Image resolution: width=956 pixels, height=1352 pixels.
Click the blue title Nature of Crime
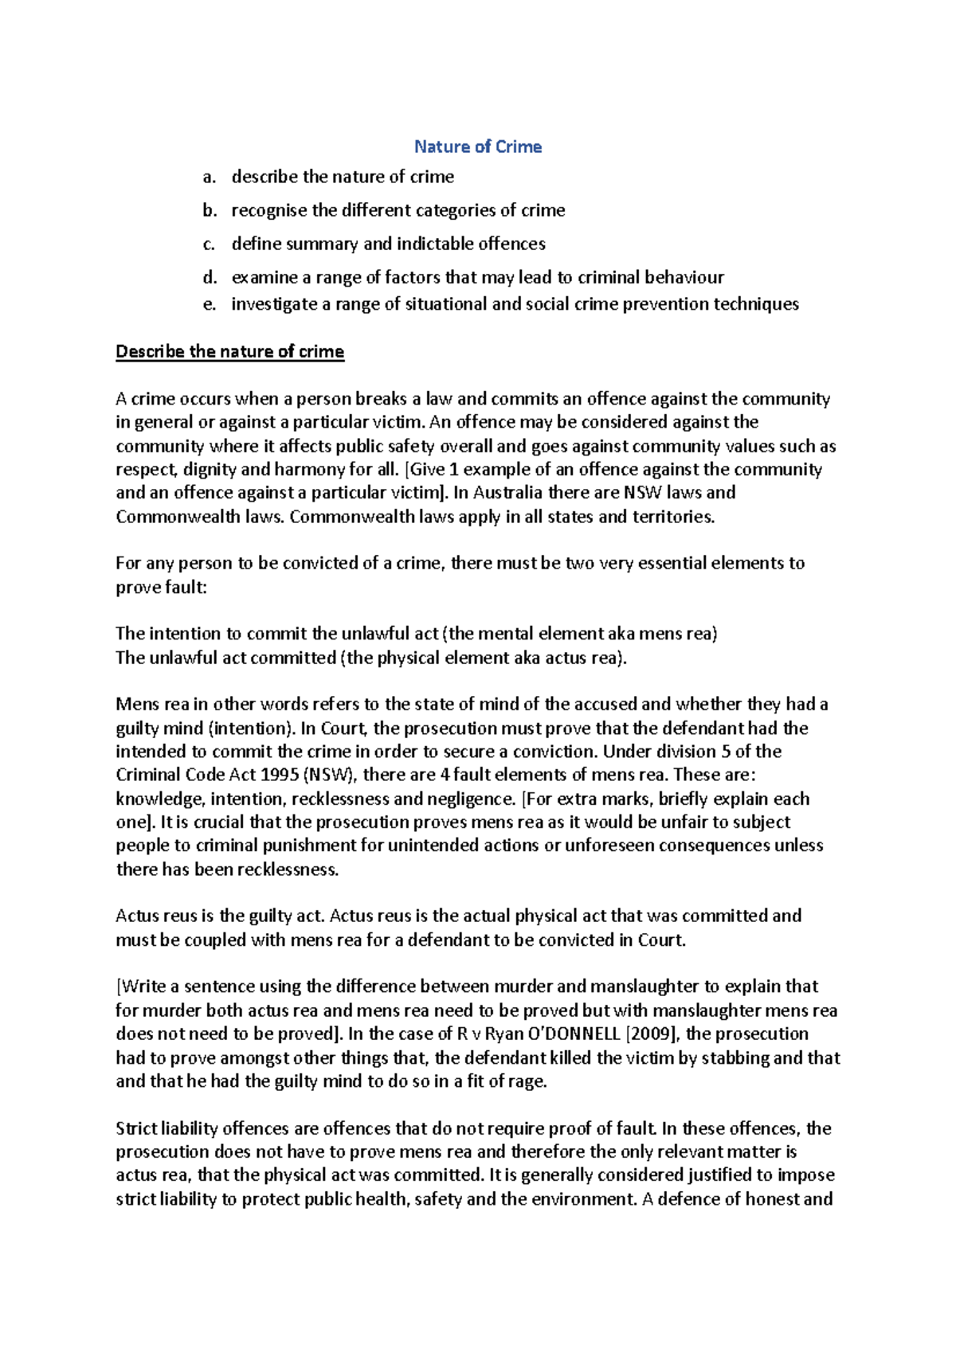[x=478, y=147]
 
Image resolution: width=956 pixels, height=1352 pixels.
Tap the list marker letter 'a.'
[x=209, y=177]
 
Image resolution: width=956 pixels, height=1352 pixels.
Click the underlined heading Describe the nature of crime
[x=229, y=351]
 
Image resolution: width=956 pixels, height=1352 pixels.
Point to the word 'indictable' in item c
[x=434, y=244]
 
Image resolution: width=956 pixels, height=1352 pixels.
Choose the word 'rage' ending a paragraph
[x=528, y=1081]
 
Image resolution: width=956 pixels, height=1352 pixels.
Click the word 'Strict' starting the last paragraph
[x=136, y=1128]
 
